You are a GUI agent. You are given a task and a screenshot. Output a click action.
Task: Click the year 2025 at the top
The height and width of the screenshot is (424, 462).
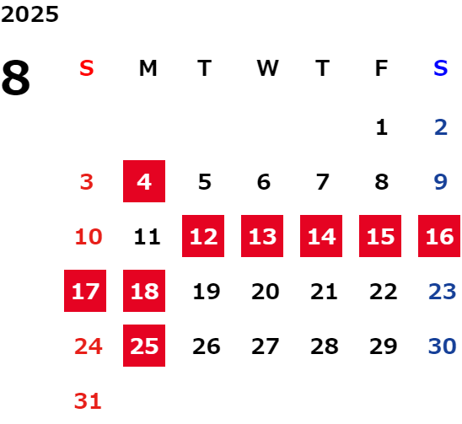(x=30, y=14)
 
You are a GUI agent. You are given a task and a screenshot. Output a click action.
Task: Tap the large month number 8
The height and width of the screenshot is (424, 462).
(x=16, y=78)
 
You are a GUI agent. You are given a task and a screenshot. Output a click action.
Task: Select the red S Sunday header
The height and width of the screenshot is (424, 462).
(x=87, y=68)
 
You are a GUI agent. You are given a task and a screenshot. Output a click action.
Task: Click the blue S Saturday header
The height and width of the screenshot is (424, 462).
(x=441, y=68)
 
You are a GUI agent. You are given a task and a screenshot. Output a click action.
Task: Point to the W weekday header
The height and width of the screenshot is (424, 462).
(x=267, y=68)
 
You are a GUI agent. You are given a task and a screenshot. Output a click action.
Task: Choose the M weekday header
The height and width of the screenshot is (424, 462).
(x=148, y=68)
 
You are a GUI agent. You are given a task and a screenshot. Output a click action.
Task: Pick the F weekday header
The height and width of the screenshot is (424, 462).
(x=381, y=68)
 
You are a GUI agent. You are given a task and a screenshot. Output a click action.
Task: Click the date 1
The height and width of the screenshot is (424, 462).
(x=382, y=127)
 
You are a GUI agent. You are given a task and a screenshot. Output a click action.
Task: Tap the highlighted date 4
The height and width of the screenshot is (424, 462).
(x=144, y=181)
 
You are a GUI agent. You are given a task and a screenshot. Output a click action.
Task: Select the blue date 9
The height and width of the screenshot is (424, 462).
(x=441, y=181)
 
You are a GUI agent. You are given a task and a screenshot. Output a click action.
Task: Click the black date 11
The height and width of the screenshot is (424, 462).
(x=147, y=237)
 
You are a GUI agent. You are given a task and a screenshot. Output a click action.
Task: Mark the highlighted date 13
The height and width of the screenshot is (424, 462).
(x=262, y=236)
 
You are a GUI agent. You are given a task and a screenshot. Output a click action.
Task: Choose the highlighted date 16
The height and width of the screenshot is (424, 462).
(x=439, y=236)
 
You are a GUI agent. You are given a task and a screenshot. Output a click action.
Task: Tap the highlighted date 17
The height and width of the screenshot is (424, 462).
(x=85, y=291)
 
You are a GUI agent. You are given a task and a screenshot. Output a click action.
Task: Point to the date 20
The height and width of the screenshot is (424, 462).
(x=266, y=292)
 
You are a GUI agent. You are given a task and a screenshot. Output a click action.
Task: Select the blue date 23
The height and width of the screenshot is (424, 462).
(x=443, y=292)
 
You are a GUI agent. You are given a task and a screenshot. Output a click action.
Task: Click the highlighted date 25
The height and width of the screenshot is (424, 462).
(x=144, y=346)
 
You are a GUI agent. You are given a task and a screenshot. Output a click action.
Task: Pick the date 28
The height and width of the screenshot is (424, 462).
(x=324, y=346)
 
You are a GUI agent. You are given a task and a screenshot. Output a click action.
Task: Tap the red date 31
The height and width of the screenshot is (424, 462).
(x=88, y=401)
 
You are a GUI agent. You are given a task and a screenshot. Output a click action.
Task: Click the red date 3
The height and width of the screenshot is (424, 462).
(x=87, y=181)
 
